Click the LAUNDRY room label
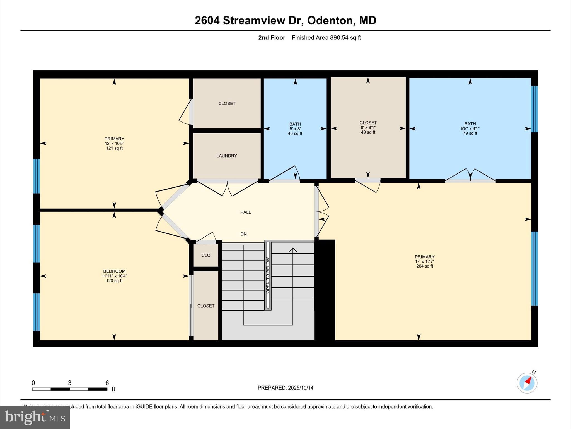(x=227, y=156)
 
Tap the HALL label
(x=245, y=212)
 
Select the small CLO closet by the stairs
(x=206, y=255)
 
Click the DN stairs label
(x=243, y=234)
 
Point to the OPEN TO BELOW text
(x=268, y=275)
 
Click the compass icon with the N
(x=527, y=383)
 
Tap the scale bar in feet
(x=70, y=389)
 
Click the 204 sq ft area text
(x=425, y=266)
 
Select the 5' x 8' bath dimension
(x=295, y=129)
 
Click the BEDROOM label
(x=114, y=271)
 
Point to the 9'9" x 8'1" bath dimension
(x=470, y=128)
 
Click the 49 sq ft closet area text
(x=368, y=132)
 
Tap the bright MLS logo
(x=35, y=417)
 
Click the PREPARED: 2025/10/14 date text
(x=285, y=388)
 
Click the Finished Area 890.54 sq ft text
(x=326, y=38)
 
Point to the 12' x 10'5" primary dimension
(x=114, y=144)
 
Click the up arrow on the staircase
(x=293, y=250)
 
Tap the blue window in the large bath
(x=534, y=109)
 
